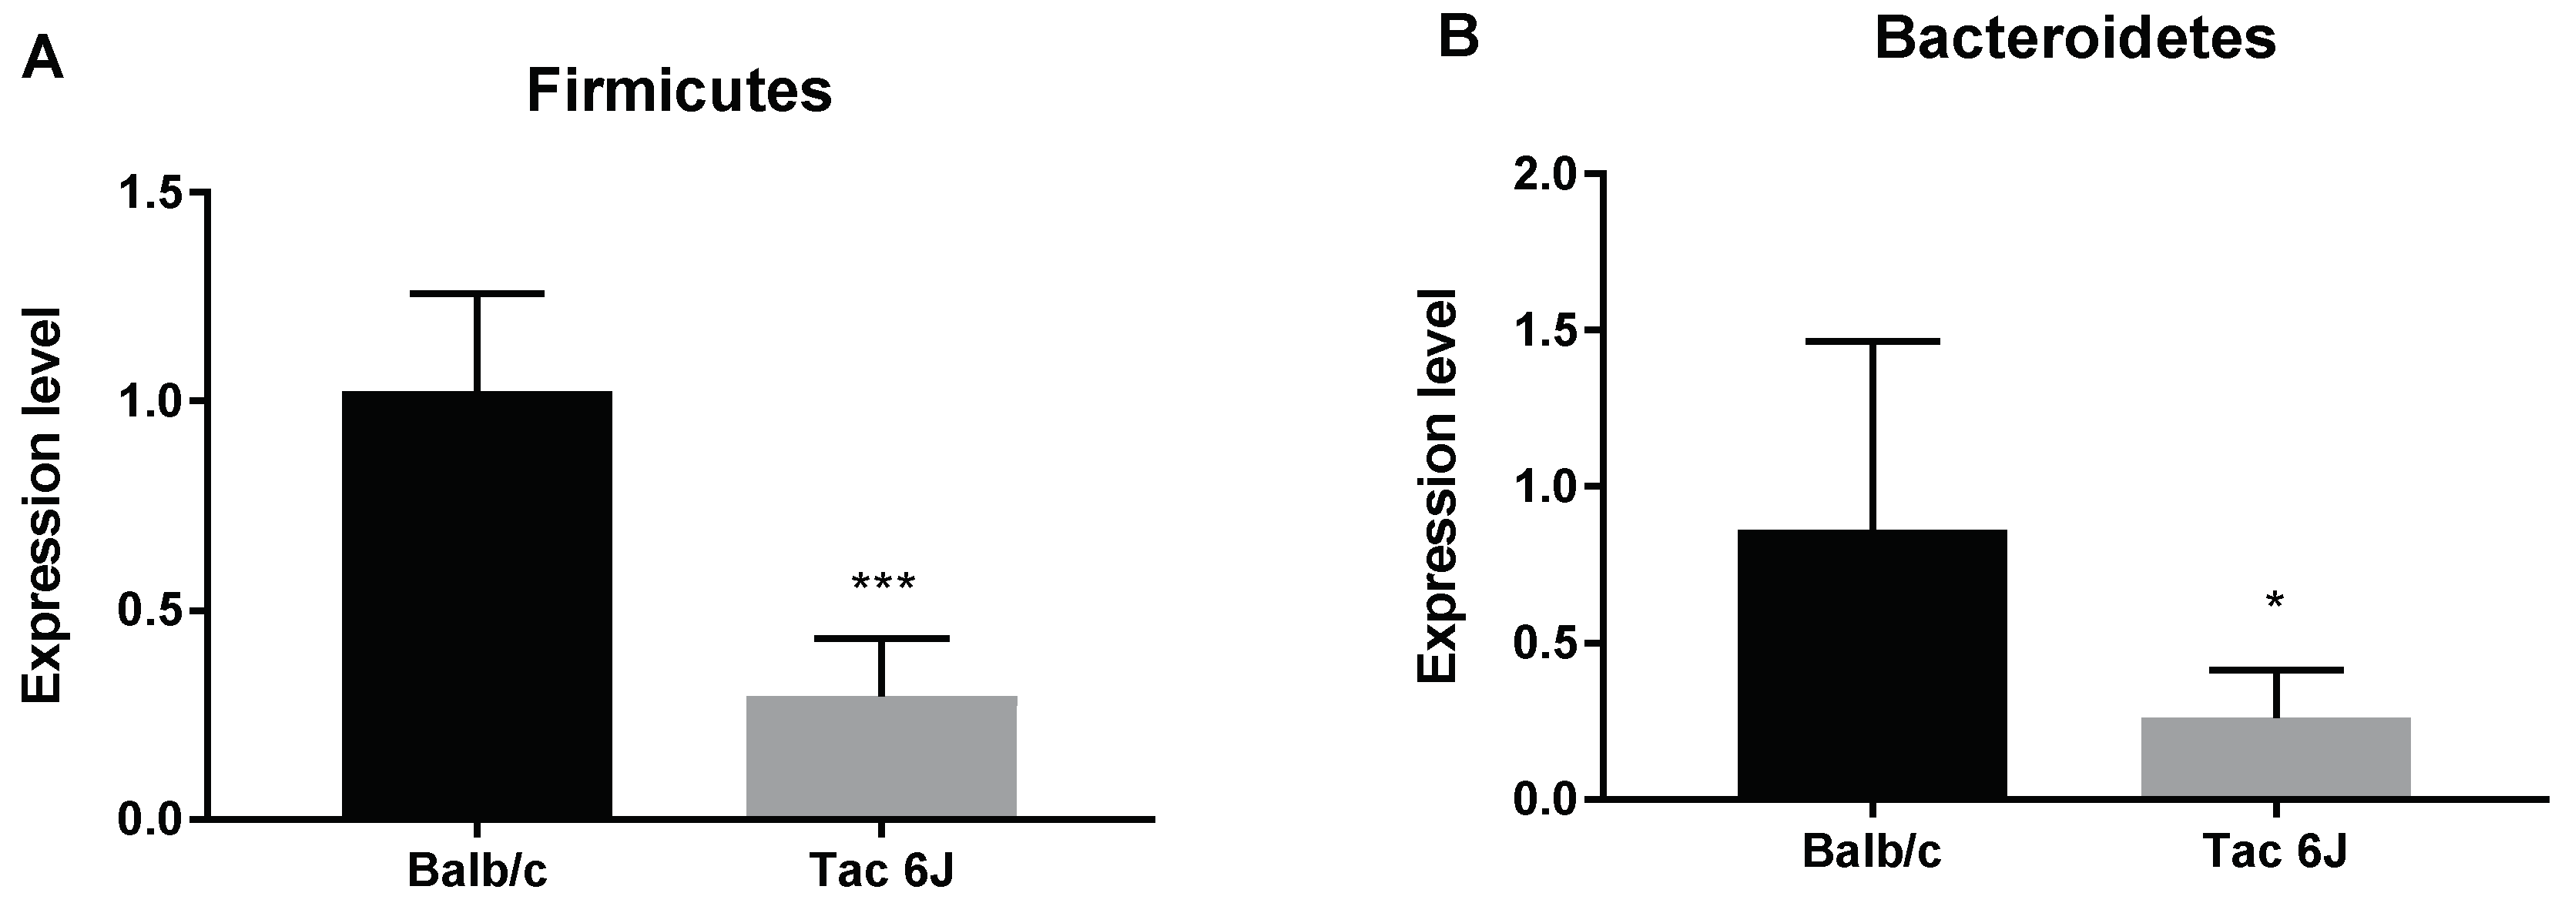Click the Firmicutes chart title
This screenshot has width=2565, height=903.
[679, 92]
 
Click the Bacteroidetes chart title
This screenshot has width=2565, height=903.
[2075, 40]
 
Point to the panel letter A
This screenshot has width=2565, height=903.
[43, 61]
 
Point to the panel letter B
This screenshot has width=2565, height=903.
[1460, 38]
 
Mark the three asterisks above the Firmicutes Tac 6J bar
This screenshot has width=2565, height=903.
[882, 583]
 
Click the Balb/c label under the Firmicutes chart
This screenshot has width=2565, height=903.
[477, 869]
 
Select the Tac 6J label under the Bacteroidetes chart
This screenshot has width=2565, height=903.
[2275, 852]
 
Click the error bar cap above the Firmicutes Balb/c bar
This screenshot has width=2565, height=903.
[478, 294]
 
